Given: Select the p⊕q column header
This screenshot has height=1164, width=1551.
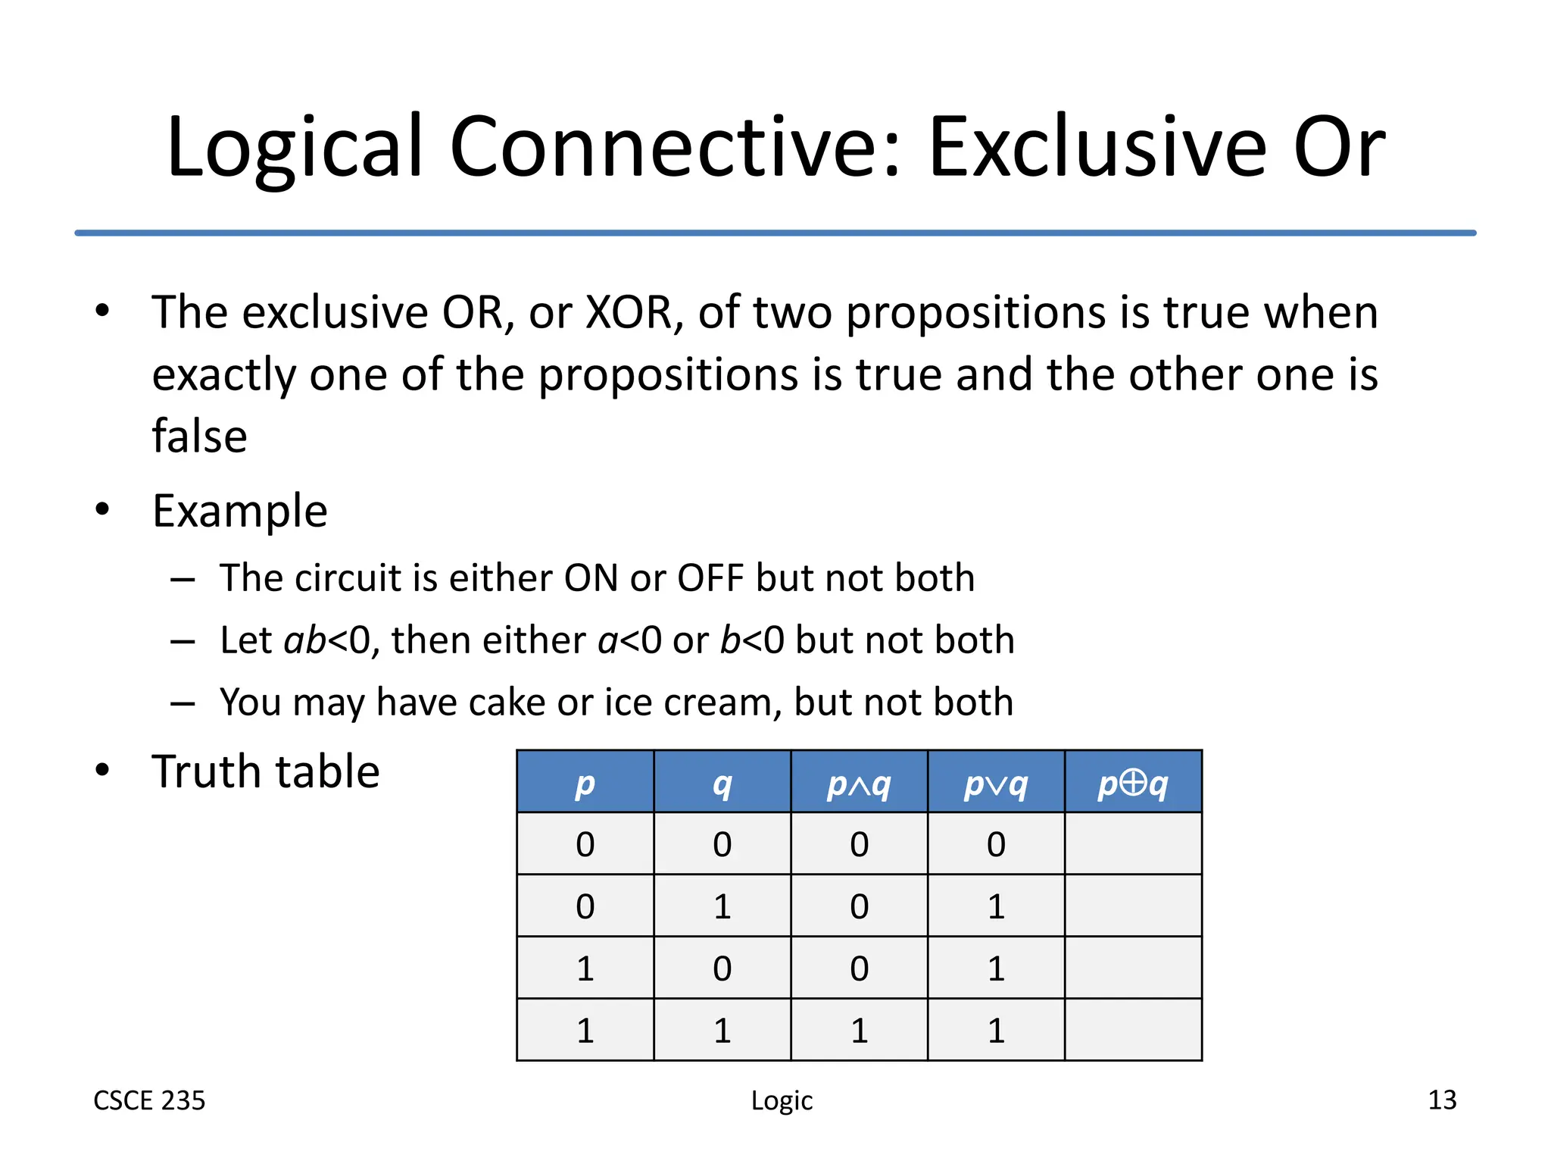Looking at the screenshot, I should (x=1133, y=783).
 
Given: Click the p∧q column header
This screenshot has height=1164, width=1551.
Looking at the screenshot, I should (x=859, y=783).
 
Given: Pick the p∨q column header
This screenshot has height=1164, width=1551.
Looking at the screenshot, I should (x=996, y=783).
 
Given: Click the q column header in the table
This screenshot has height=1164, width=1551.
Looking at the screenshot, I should (x=722, y=783).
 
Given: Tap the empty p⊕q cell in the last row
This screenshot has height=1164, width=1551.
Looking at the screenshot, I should (x=1133, y=1030).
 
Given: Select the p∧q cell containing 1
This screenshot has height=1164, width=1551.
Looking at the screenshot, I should (x=859, y=1030).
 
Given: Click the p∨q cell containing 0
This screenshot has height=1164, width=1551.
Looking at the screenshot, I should (x=996, y=844).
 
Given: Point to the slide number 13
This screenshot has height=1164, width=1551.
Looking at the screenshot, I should (x=1441, y=1100).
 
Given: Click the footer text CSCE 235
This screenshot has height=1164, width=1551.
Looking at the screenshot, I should (x=149, y=1100).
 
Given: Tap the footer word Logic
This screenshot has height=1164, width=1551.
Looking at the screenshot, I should (x=782, y=1100).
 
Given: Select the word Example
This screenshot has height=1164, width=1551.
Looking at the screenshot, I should (x=240, y=511).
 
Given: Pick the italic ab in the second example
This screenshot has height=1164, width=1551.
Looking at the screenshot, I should (x=304, y=640).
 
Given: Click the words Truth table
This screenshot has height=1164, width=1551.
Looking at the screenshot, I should (x=265, y=771).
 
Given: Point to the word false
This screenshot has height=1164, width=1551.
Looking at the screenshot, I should (x=199, y=436).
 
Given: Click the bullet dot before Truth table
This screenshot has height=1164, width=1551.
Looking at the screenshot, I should (x=102, y=771).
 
